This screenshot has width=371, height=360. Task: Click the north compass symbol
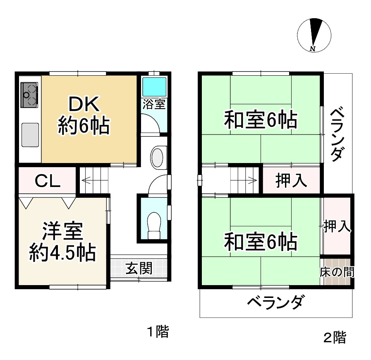coord(314,35)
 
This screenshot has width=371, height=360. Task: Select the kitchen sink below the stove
coord(29,135)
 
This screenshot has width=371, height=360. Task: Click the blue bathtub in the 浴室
coord(154,86)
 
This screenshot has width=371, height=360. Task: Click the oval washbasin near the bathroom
coord(158,157)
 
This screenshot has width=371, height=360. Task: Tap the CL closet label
coord(47,180)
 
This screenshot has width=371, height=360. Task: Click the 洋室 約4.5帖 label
coord(62,242)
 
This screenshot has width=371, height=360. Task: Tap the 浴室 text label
coord(154,104)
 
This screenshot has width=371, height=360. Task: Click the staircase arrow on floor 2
coord(250,180)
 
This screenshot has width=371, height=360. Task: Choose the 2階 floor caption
coord(334,338)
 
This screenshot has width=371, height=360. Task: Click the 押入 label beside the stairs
coord(292,180)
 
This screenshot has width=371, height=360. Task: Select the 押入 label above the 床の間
coord(337,226)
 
